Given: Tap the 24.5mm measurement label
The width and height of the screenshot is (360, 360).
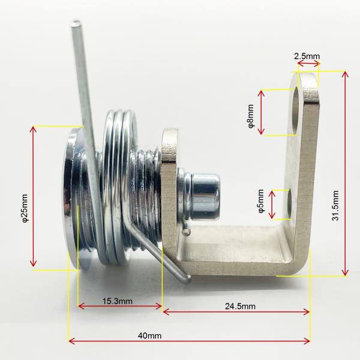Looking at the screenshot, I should point(240,306).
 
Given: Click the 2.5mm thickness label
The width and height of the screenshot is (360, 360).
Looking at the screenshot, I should point(307,56).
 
